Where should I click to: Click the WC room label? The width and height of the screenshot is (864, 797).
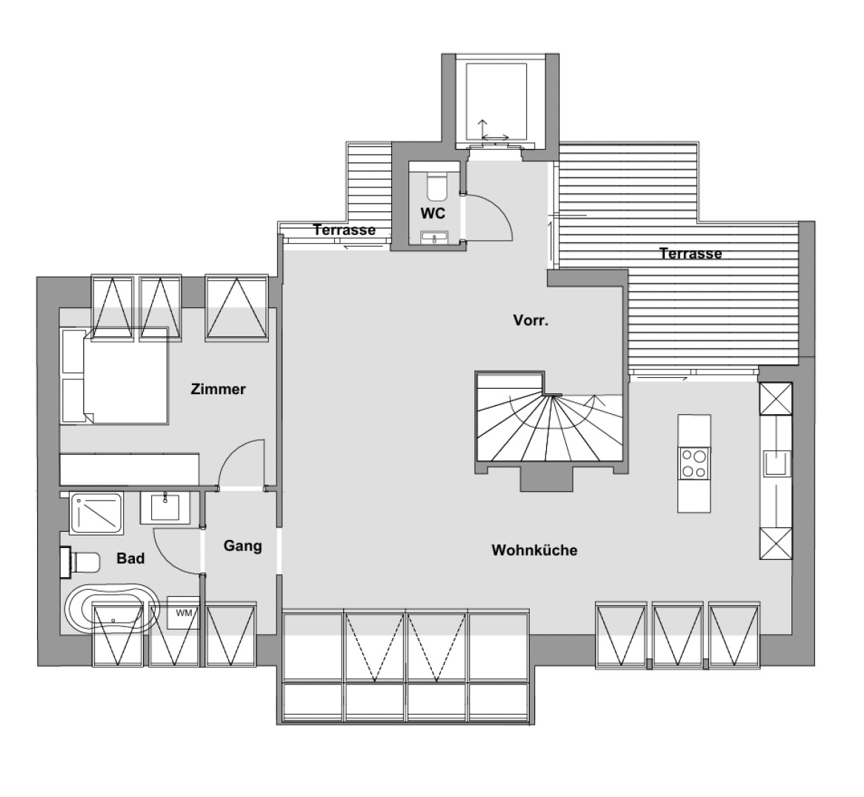pos(433,213)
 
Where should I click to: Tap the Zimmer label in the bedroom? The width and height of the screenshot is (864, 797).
pos(218,390)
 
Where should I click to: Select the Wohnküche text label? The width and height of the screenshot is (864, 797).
pos(534,550)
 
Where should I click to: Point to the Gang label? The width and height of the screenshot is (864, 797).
pos(242,546)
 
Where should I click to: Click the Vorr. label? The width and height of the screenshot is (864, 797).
pos(531,320)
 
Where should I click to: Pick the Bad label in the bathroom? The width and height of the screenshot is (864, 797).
pos(130,558)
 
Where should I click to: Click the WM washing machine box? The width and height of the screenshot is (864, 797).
pos(184,613)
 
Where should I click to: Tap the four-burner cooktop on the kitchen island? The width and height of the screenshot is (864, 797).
pos(694,463)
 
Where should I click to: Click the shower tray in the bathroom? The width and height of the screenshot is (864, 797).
pos(96,513)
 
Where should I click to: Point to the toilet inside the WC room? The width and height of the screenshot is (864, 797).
pos(437,186)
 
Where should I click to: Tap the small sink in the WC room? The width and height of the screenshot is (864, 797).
pos(435,237)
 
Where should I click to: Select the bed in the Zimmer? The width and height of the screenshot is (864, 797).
pos(115,377)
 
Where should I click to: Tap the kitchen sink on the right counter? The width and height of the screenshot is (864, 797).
pos(777,463)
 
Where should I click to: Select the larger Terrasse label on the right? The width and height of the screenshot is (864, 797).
pos(691,253)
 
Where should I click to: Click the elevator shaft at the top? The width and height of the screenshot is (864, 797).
pos(500,102)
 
